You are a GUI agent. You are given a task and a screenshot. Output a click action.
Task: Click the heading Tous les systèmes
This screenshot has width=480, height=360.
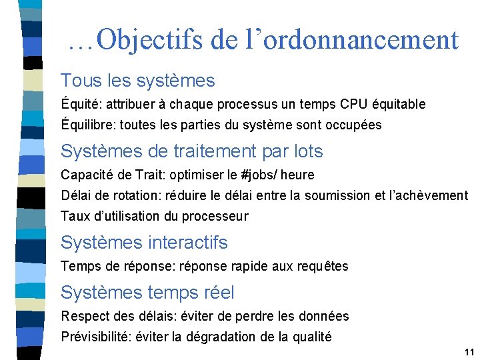pos(137,81)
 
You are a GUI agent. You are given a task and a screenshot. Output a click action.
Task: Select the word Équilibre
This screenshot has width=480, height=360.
pos(86,125)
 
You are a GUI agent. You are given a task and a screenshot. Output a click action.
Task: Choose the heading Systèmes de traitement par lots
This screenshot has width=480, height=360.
pos(191,151)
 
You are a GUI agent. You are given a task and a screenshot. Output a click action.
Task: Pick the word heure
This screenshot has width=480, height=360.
pos(298,175)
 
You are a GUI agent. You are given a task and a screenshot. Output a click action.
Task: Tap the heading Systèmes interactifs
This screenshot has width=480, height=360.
pos(144,242)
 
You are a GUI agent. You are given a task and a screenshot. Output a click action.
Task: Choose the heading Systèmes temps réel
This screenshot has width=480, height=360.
pos(147,292)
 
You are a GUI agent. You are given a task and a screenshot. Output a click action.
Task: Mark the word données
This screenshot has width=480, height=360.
pos(325,316)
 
